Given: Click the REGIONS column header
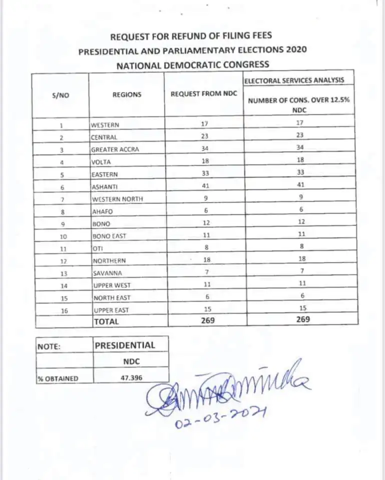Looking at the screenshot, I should [126, 94].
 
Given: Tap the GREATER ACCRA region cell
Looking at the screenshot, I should [114, 149].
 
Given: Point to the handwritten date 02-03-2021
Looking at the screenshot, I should [220, 418].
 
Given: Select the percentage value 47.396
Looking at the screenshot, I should [131, 378].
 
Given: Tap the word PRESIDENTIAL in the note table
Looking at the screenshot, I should [125, 345].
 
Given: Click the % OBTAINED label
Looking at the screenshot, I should [58, 378].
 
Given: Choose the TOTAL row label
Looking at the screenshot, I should [106, 321].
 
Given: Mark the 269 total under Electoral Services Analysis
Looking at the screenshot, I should [301, 319].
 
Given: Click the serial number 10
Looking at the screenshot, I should [61, 236].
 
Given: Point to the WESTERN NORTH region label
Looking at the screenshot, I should [116, 198].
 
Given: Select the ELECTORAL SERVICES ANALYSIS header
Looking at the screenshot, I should [294, 80].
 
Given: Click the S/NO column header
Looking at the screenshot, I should [60, 95].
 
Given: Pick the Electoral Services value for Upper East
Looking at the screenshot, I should [301, 308].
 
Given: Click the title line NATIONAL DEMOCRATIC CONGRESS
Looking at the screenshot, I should [192, 64].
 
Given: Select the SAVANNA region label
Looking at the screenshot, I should [107, 273].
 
